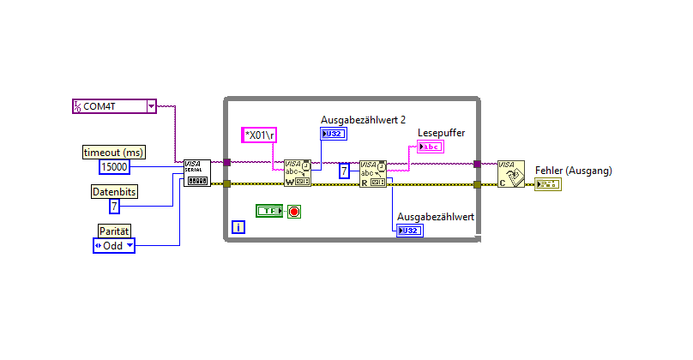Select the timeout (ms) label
coord(113,152)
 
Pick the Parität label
coord(113,231)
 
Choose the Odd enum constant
coord(113,245)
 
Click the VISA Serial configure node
coord(197,172)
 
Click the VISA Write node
coord(298,172)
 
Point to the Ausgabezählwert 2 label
coord(363,119)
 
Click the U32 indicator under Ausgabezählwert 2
coord(334,133)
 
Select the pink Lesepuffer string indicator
coord(431,147)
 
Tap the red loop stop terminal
coord(294,211)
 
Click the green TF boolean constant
coord(268,211)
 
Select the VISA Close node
coord(511,172)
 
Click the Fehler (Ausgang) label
coord(573,171)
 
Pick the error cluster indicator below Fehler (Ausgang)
coord(547,184)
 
